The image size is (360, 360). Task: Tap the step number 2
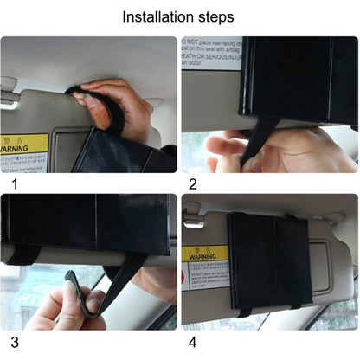pyautogui.click(x=192, y=183)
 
